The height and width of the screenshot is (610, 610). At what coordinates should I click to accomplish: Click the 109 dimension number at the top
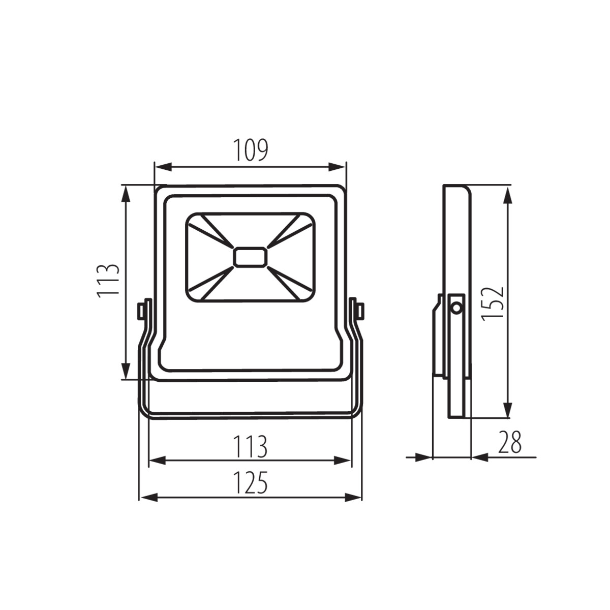point(251,150)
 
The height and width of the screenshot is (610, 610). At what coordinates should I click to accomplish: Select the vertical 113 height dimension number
point(108,281)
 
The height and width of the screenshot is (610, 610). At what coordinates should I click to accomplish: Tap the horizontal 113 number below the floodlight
point(250,447)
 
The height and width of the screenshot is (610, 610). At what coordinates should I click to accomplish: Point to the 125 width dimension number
point(250,483)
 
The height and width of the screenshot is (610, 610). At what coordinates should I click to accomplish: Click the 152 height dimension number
point(493,303)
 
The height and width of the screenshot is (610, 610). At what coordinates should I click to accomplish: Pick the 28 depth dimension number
point(510,442)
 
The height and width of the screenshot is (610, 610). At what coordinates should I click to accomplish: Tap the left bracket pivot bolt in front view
point(143,311)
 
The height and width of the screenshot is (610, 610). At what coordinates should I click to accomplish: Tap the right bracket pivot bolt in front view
point(357,311)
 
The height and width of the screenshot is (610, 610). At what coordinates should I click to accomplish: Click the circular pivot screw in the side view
point(456,308)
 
